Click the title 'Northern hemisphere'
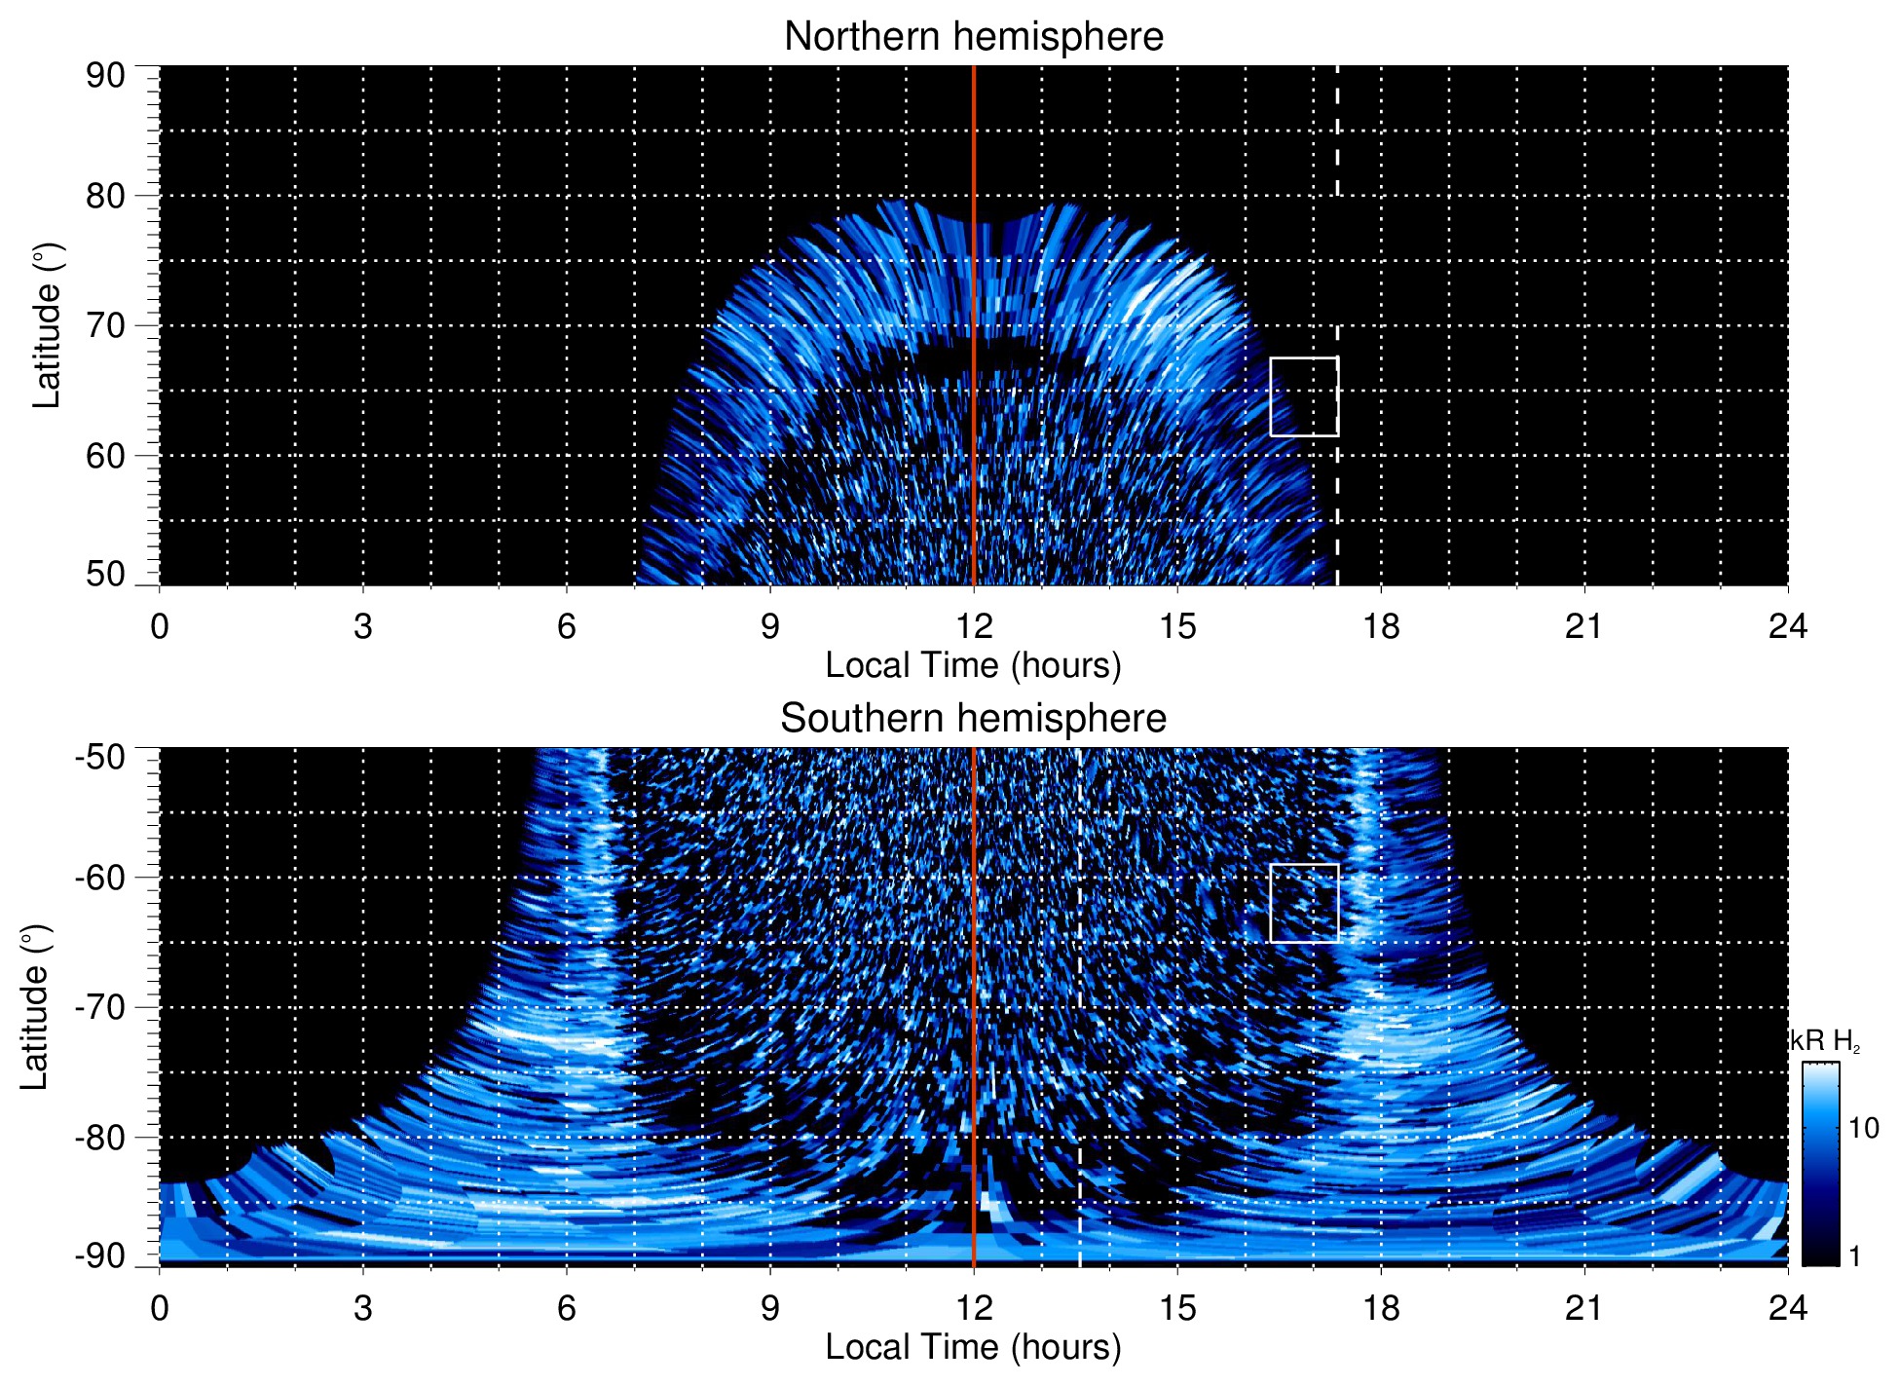973,37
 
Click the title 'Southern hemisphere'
973,719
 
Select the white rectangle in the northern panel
1304,396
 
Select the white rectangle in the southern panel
1304,903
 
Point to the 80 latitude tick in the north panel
105,196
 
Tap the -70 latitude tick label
100,1007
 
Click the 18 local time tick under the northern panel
1380,626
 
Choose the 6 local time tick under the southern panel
566,1308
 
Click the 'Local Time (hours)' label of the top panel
973,665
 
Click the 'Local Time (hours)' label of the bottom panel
973,1347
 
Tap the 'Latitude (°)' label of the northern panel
47,325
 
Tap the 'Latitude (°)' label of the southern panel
35,1007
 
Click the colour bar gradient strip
1819,1164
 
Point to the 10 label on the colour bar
1863,1129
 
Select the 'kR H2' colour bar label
1825,1041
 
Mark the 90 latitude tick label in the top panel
105,76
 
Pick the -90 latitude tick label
100,1256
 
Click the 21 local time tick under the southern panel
1583,1308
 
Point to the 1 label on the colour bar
1854,1256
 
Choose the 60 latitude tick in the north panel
105,456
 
